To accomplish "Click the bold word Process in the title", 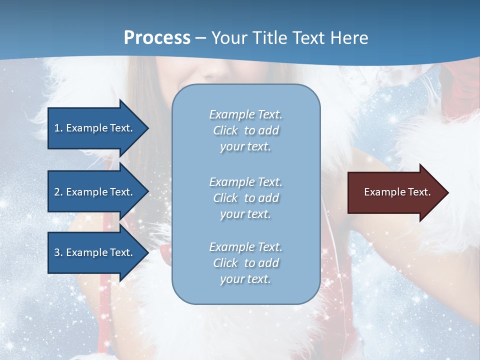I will (x=157, y=38).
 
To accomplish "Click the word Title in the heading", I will (x=270, y=38).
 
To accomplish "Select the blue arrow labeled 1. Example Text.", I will (x=95, y=128).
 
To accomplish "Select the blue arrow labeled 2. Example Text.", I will (x=95, y=192).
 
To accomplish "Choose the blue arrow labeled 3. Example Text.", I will (x=95, y=252).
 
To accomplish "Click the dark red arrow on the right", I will (x=395, y=192).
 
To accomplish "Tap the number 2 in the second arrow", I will (x=57, y=192).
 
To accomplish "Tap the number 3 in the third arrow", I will (x=57, y=252).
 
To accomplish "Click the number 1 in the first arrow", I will (x=57, y=128).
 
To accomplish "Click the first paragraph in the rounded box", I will (x=245, y=130).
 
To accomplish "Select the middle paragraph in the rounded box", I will (x=245, y=198).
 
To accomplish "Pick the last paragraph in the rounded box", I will (x=245, y=263).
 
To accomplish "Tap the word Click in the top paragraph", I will (x=225, y=130).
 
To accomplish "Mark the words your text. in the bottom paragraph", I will (x=245, y=279).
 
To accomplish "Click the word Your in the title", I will (x=228, y=38).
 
